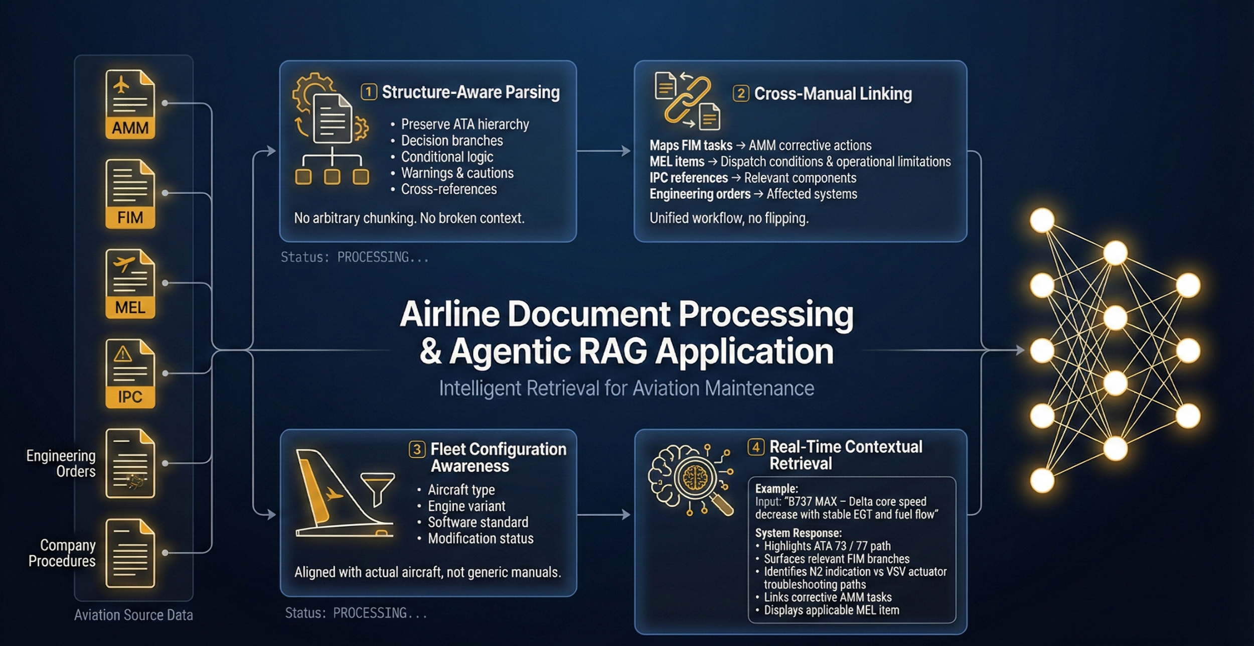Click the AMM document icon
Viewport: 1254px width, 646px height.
coord(130,104)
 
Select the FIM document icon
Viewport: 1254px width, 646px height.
coord(130,194)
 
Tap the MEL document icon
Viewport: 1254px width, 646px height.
coord(130,284)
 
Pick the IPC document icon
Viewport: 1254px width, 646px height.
coord(130,373)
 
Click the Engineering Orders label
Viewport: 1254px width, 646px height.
coord(61,463)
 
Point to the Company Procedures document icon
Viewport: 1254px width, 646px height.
coord(130,553)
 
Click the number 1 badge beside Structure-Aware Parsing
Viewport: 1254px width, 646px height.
coord(369,92)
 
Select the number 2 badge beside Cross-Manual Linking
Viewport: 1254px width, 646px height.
coord(741,94)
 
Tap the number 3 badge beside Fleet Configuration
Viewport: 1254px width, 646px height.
coord(417,449)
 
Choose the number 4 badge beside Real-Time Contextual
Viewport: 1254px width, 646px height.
coord(756,447)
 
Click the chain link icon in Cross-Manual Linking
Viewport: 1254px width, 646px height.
coord(687,100)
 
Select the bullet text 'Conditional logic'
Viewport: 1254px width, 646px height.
coord(447,157)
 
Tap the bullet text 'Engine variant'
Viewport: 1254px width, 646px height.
coord(466,506)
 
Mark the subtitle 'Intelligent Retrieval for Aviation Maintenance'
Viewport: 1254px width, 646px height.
coord(626,389)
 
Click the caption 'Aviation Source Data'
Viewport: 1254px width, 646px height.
coord(133,615)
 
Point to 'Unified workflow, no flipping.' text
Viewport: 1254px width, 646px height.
coord(729,218)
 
